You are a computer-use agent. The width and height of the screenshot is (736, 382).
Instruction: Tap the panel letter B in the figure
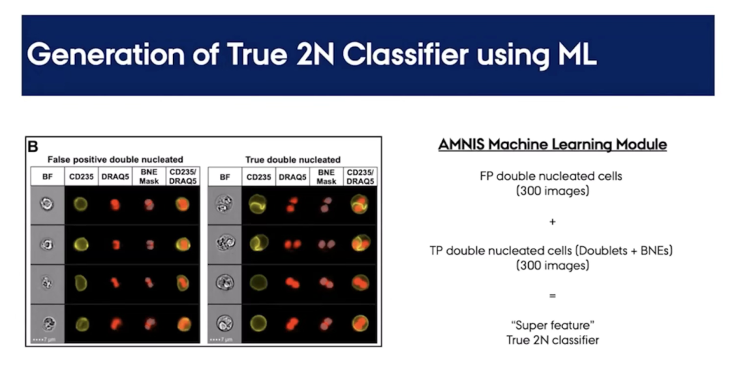pos(33,146)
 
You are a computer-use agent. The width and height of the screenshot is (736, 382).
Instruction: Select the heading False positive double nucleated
pos(115,159)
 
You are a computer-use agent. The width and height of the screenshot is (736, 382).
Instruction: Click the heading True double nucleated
pos(293,159)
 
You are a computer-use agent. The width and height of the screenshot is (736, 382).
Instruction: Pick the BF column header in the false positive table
pos(48,177)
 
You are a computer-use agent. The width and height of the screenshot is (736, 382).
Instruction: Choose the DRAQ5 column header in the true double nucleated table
pos(292,177)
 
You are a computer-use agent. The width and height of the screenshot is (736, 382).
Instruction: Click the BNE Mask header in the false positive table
pos(149,176)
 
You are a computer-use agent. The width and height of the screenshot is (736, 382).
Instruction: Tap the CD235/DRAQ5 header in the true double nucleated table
pos(360,176)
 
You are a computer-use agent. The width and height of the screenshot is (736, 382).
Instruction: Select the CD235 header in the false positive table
pos(81,177)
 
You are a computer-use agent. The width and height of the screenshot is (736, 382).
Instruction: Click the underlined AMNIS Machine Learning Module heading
pos(553,144)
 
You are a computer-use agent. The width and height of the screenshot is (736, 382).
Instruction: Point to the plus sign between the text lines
pos(553,221)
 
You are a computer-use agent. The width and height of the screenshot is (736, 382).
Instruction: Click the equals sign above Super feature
pos(553,296)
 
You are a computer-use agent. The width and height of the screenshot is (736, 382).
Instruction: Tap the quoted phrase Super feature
pos(553,325)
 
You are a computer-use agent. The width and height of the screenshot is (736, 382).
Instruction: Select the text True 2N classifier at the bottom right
pos(553,340)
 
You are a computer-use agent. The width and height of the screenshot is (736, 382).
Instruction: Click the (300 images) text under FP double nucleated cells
pos(553,191)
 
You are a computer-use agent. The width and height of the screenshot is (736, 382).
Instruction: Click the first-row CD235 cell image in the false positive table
pos(80,204)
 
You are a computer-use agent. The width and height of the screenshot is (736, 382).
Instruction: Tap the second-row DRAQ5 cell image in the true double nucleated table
pos(292,244)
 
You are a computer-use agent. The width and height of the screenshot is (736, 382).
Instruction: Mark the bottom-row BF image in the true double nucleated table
pos(224,323)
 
